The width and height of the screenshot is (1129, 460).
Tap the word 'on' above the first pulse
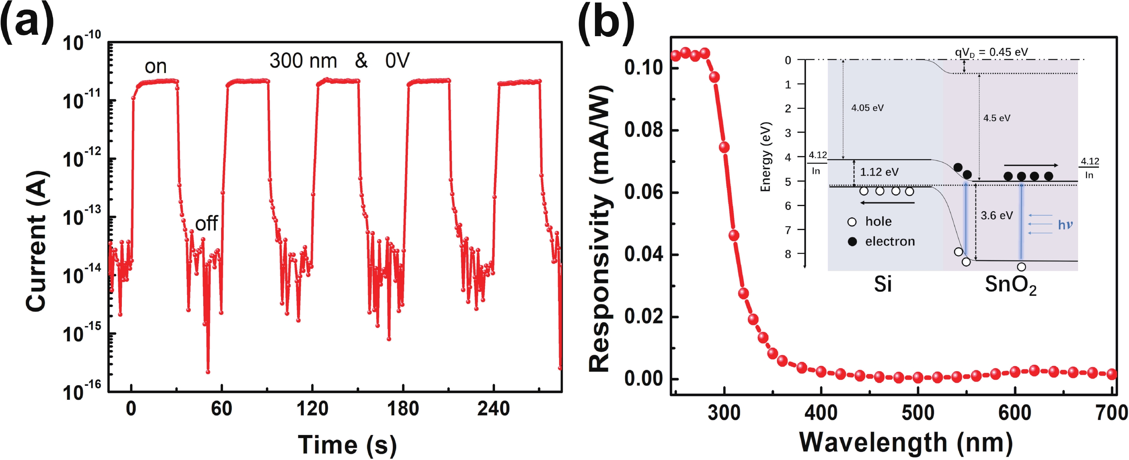156,67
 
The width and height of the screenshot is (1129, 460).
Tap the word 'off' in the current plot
206,224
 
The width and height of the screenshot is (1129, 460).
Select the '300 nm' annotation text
303,61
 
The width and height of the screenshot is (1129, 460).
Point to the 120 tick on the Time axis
312,409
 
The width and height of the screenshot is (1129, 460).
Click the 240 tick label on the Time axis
494,409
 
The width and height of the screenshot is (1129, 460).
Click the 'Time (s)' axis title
347,445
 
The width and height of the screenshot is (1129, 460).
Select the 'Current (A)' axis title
36,241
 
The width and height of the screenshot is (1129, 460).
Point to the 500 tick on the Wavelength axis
918,413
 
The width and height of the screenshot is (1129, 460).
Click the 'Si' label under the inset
883,285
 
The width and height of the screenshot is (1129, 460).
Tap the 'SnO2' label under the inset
1010,286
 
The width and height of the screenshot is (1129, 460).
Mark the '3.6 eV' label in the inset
997,216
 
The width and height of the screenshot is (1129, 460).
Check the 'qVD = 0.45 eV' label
991,52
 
